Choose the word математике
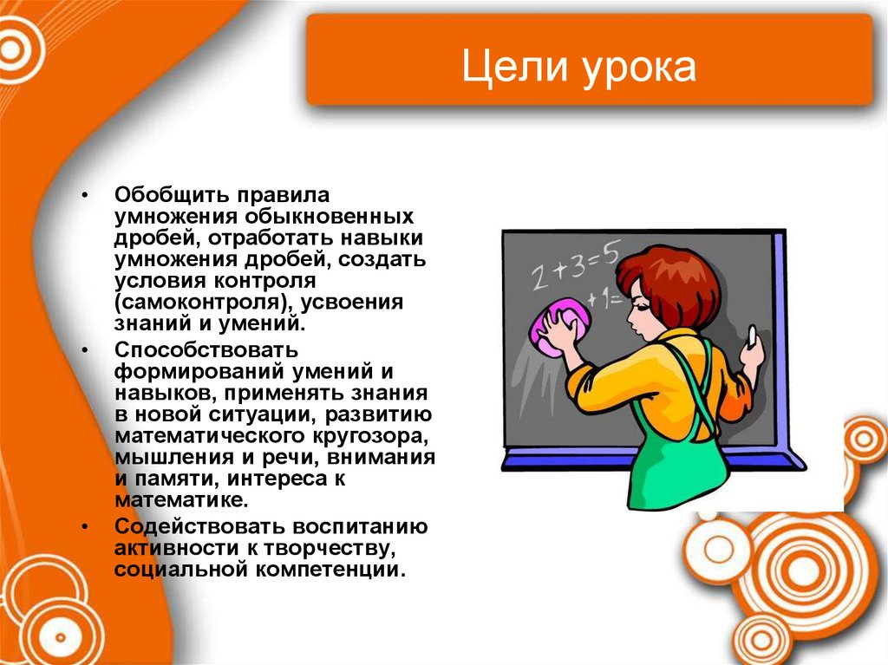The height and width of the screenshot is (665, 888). pyautogui.click(x=180, y=499)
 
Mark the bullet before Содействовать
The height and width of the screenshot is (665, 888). pyautogui.click(x=85, y=527)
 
